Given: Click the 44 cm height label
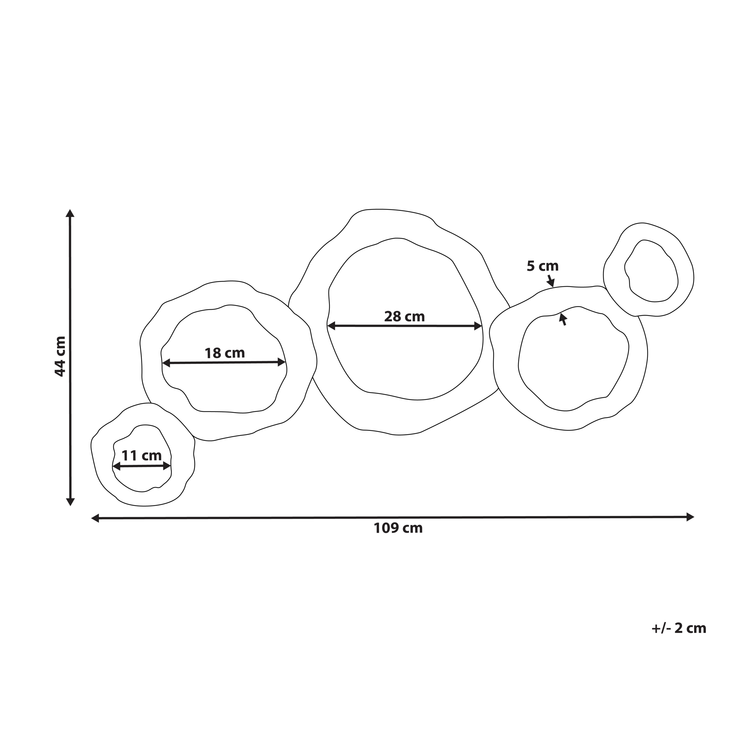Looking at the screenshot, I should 60,356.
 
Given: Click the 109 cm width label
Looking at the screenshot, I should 398,528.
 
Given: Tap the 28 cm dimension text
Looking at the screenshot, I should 404,317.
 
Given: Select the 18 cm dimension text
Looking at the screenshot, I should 224,353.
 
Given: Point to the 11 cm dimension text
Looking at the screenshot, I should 141,456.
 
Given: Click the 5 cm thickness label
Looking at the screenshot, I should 543,266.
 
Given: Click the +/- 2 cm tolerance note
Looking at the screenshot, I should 678,628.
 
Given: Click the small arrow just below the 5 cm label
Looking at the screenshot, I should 551,281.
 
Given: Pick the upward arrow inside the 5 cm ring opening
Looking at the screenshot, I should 563,319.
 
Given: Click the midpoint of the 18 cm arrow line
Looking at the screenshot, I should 224,363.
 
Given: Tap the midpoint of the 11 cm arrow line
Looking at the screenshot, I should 142,467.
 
